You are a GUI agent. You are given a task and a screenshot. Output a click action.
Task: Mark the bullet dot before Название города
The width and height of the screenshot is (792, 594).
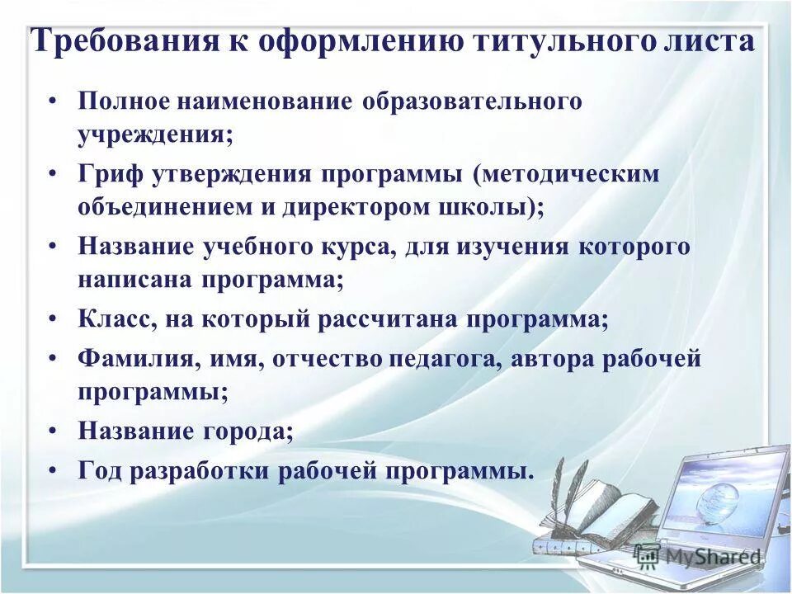tap(53, 431)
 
